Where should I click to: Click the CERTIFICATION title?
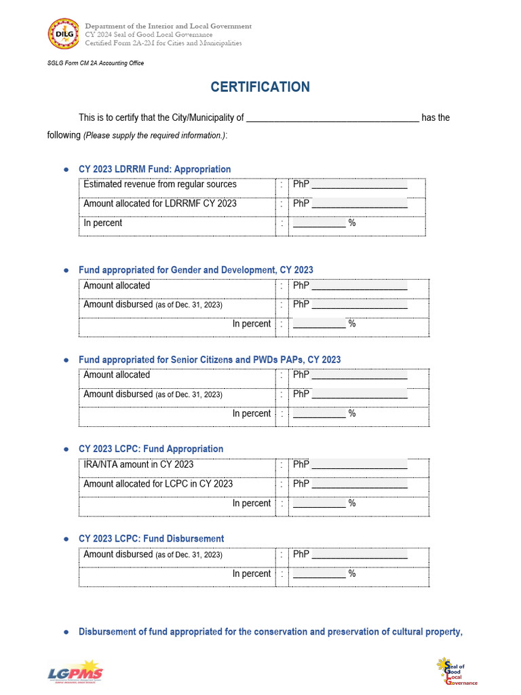tap(260, 87)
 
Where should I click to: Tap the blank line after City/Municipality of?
tap(332, 118)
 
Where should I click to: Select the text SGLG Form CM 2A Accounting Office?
tap(95, 63)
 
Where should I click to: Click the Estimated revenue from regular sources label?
tap(160, 185)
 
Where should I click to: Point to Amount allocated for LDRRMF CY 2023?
tap(160, 204)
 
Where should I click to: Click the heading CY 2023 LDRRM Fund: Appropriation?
tap(155, 169)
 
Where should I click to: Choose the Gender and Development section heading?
tap(196, 270)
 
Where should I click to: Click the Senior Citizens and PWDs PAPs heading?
tap(210, 360)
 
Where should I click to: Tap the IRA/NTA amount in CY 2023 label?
tap(138, 465)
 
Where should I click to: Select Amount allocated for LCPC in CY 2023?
tap(158, 484)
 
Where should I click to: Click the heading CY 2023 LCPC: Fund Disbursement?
tap(151, 539)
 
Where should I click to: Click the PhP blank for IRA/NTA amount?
tap(360, 466)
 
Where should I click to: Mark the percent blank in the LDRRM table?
tap(319, 223)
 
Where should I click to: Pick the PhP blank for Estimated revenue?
tap(360, 185)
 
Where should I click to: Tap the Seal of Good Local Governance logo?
tap(457, 672)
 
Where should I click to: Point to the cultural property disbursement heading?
tap(271, 632)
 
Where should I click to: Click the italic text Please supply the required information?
tap(155, 136)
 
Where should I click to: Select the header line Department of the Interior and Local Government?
tap(168, 26)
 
